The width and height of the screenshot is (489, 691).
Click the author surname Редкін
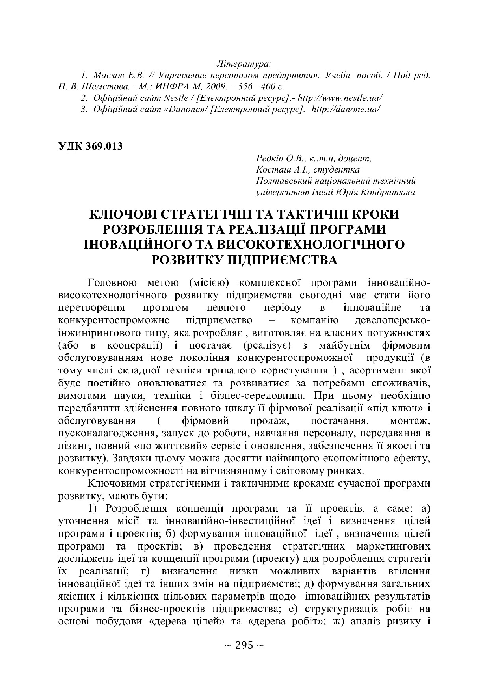coord(270,159)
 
